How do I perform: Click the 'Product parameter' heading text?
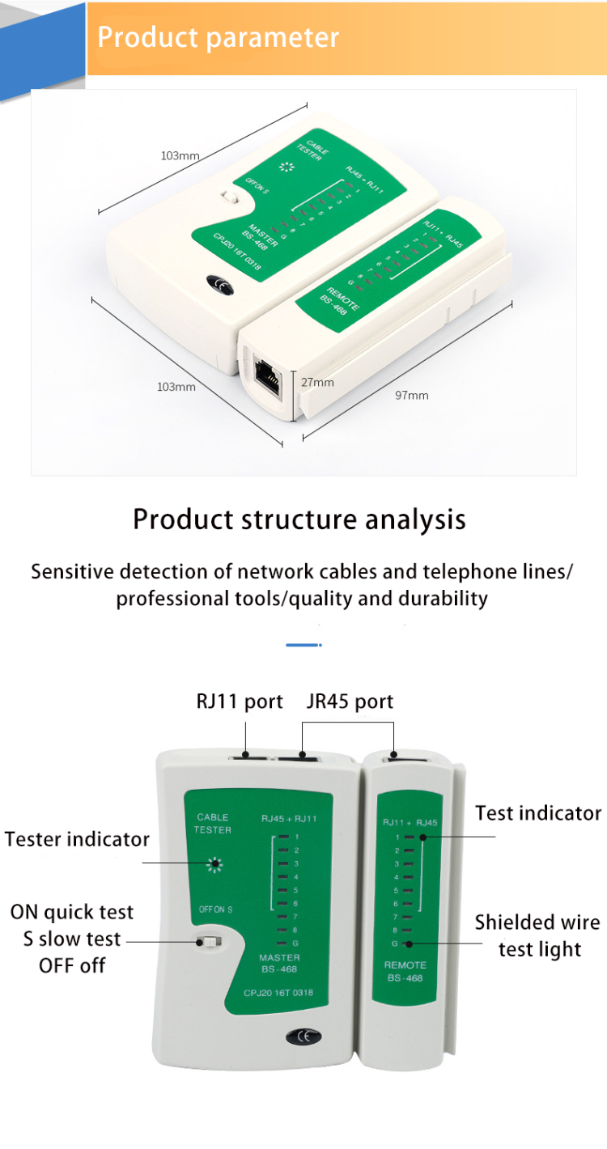point(218,38)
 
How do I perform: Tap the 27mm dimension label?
point(317,382)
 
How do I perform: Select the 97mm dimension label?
point(411,395)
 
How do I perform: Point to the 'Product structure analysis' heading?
point(299,519)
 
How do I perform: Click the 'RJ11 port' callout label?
point(240,701)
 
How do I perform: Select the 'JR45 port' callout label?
point(350,701)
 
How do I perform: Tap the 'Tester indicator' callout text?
point(77,838)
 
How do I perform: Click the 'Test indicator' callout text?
point(538,812)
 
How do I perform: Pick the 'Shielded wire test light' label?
point(537,935)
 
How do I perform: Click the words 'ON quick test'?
point(72,912)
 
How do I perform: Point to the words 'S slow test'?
point(72,939)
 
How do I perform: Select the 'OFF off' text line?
point(72,965)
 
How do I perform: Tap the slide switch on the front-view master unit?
point(213,942)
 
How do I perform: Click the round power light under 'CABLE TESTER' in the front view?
point(214,864)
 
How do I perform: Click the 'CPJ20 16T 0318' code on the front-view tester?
point(278,993)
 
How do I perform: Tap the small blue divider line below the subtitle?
point(303,645)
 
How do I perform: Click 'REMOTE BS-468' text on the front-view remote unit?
point(405,972)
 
